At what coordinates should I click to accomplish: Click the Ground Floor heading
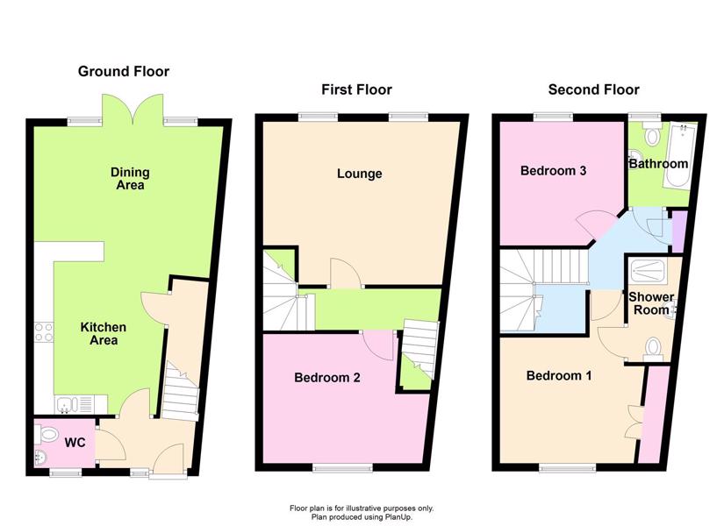pos(123,72)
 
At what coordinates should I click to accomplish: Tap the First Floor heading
pos(356,89)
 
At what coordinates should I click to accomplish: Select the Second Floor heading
pos(594,89)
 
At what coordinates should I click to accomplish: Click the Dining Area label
pos(130,179)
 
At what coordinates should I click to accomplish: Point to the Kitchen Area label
pos(103,334)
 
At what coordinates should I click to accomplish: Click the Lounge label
pos(359,174)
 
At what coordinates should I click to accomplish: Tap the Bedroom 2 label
pos(327,378)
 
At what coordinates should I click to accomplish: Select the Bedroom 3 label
pos(553,171)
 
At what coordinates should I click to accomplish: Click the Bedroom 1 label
pos(559,375)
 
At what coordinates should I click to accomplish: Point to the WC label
pos(75,443)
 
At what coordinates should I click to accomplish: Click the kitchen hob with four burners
pos(44,332)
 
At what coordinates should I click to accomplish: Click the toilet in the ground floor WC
pos(46,434)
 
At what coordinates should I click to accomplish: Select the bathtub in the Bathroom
pos(679,155)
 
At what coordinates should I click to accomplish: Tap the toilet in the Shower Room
pos(653,349)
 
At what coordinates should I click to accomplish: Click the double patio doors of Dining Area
pos(133,110)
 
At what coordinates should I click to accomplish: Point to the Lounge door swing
pos(345,274)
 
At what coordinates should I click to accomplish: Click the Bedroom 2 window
pos(342,468)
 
